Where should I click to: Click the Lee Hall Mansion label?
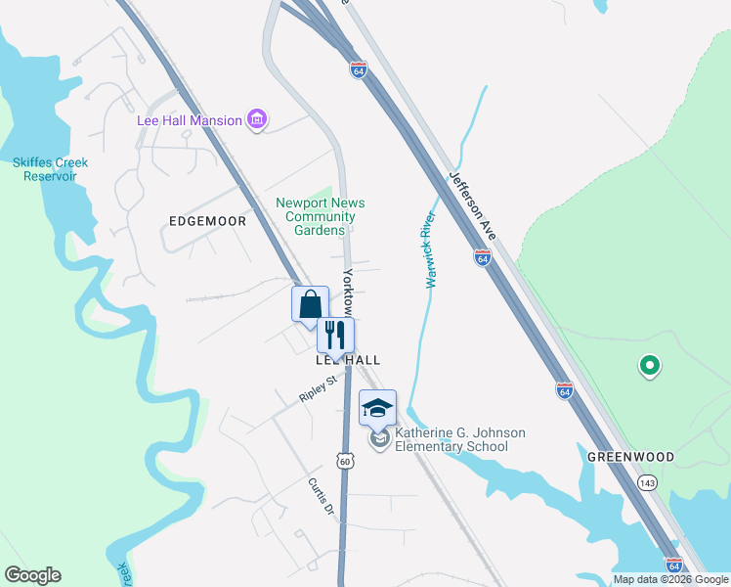189,120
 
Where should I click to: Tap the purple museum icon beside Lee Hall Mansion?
257,120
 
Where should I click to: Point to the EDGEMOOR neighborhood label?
207,221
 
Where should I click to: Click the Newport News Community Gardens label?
321,216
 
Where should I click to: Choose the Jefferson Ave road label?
473,207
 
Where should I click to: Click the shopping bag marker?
310,303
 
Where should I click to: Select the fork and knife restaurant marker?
335,335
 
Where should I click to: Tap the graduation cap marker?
377,408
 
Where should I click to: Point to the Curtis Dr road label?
321,497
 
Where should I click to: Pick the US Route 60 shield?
345,460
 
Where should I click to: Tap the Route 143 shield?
646,482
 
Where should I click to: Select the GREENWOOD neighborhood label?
630,457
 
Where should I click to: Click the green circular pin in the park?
648,367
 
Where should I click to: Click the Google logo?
32,575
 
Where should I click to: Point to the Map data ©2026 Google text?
670,579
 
